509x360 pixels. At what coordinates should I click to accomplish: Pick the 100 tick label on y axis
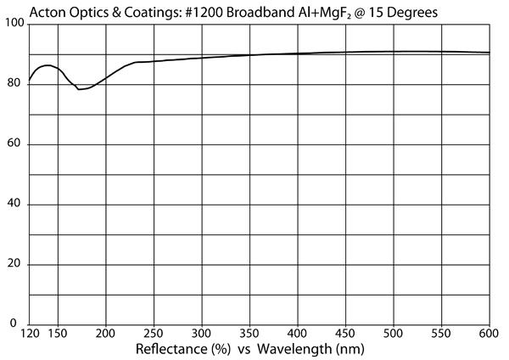click(14, 23)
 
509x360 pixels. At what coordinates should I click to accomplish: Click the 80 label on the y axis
click(14, 83)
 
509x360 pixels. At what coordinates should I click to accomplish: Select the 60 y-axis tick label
click(14, 143)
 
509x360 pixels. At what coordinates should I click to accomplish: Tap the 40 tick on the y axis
click(14, 204)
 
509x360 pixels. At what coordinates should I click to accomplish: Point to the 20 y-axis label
click(14, 263)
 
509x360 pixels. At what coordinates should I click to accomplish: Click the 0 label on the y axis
click(14, 323)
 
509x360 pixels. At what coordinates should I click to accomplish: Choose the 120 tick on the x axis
click(30, 334)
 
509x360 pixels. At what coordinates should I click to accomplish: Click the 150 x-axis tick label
click(58, 334)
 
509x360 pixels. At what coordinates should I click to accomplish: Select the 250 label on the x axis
click(154, 334)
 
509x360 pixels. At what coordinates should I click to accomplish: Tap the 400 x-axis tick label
click(298, 334)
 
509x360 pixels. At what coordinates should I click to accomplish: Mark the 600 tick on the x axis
click(489, 334)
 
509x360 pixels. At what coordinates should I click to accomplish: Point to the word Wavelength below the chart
click(295, 350)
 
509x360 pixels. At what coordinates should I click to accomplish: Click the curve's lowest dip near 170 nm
click(79, 89)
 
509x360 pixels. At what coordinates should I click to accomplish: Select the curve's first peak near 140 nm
click(48, 65)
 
